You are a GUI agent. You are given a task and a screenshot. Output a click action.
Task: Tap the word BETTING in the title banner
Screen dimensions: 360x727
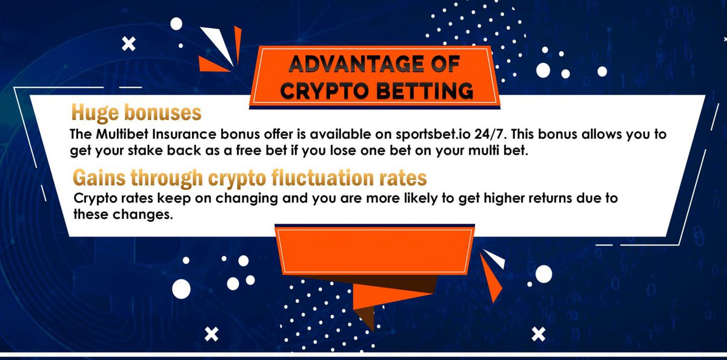(x=422, y=90)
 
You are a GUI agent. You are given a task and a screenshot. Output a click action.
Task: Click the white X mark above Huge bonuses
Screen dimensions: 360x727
(x=128, y=43)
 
